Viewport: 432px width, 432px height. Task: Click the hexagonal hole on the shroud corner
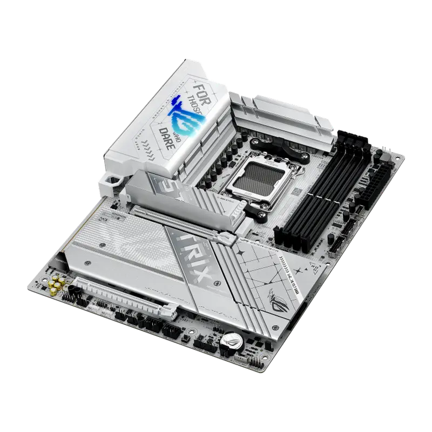[113, 181]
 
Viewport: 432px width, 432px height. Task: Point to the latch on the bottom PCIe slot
[170, 312]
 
